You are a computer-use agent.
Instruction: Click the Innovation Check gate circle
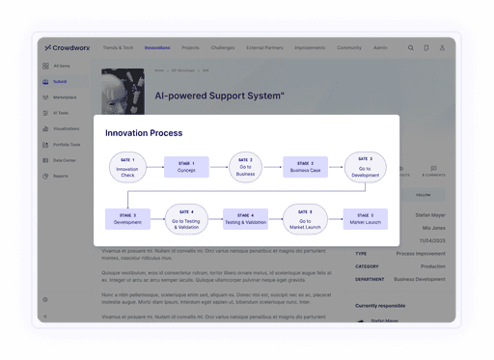[x=125, y=166]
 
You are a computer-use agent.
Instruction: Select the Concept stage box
[x=186, y=166]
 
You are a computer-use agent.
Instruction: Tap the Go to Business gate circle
[x=245, y=166]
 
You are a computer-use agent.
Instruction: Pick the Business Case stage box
[x=305, y=166]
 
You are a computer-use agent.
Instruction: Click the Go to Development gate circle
[x=366, y=166]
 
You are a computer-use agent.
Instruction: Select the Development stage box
[x=126, y=219]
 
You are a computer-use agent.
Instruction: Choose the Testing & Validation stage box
[x=245, y=219]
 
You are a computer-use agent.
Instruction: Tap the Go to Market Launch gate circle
[x=305, y=219]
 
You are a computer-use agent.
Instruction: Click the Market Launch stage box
[x=366, y=219]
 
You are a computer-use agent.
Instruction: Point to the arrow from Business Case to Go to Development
[x=336, y=166]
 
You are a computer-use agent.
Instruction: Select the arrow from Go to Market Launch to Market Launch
[x=336, y=219]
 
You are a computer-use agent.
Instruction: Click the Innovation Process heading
[x=144, y=132]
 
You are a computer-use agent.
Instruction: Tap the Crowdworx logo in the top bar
[x=67, y=47]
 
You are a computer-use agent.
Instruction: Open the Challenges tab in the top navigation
[x=222, y=47]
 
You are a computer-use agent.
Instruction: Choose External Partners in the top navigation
[x=264, y=47]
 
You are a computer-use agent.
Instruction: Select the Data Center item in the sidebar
[x=64, y=160]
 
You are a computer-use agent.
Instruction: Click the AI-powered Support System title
[x=219, y=96]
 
